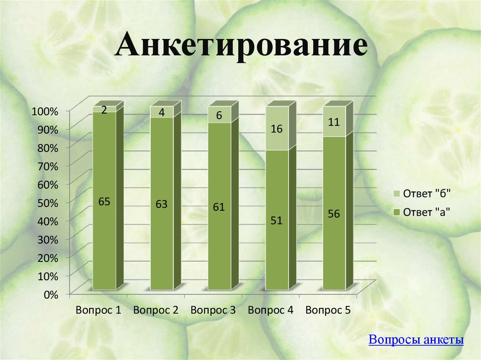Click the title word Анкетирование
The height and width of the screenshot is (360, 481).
point(241,48)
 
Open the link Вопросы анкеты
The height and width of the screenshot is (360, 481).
point(416,340)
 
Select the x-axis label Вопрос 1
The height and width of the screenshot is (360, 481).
point(98,310)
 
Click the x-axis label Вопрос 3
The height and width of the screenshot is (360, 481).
point(213,310)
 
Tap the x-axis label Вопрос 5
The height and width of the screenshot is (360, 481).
point(328,310)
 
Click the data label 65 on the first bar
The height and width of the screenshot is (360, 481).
point(104,202)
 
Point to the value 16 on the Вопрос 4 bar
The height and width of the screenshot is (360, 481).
point(277,129)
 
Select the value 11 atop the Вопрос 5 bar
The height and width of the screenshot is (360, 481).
point(334,122)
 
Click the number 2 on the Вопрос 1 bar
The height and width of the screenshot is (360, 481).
point(104,109)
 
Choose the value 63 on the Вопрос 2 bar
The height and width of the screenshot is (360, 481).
point(162,205)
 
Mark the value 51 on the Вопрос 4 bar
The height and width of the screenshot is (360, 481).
point(277,220)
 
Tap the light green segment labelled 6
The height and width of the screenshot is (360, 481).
point(219,115)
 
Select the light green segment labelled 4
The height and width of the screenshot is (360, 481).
point(162,112)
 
